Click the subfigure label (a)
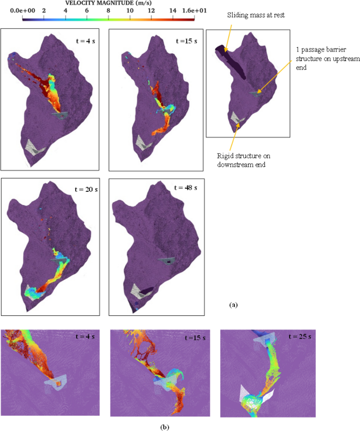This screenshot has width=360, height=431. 234,304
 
